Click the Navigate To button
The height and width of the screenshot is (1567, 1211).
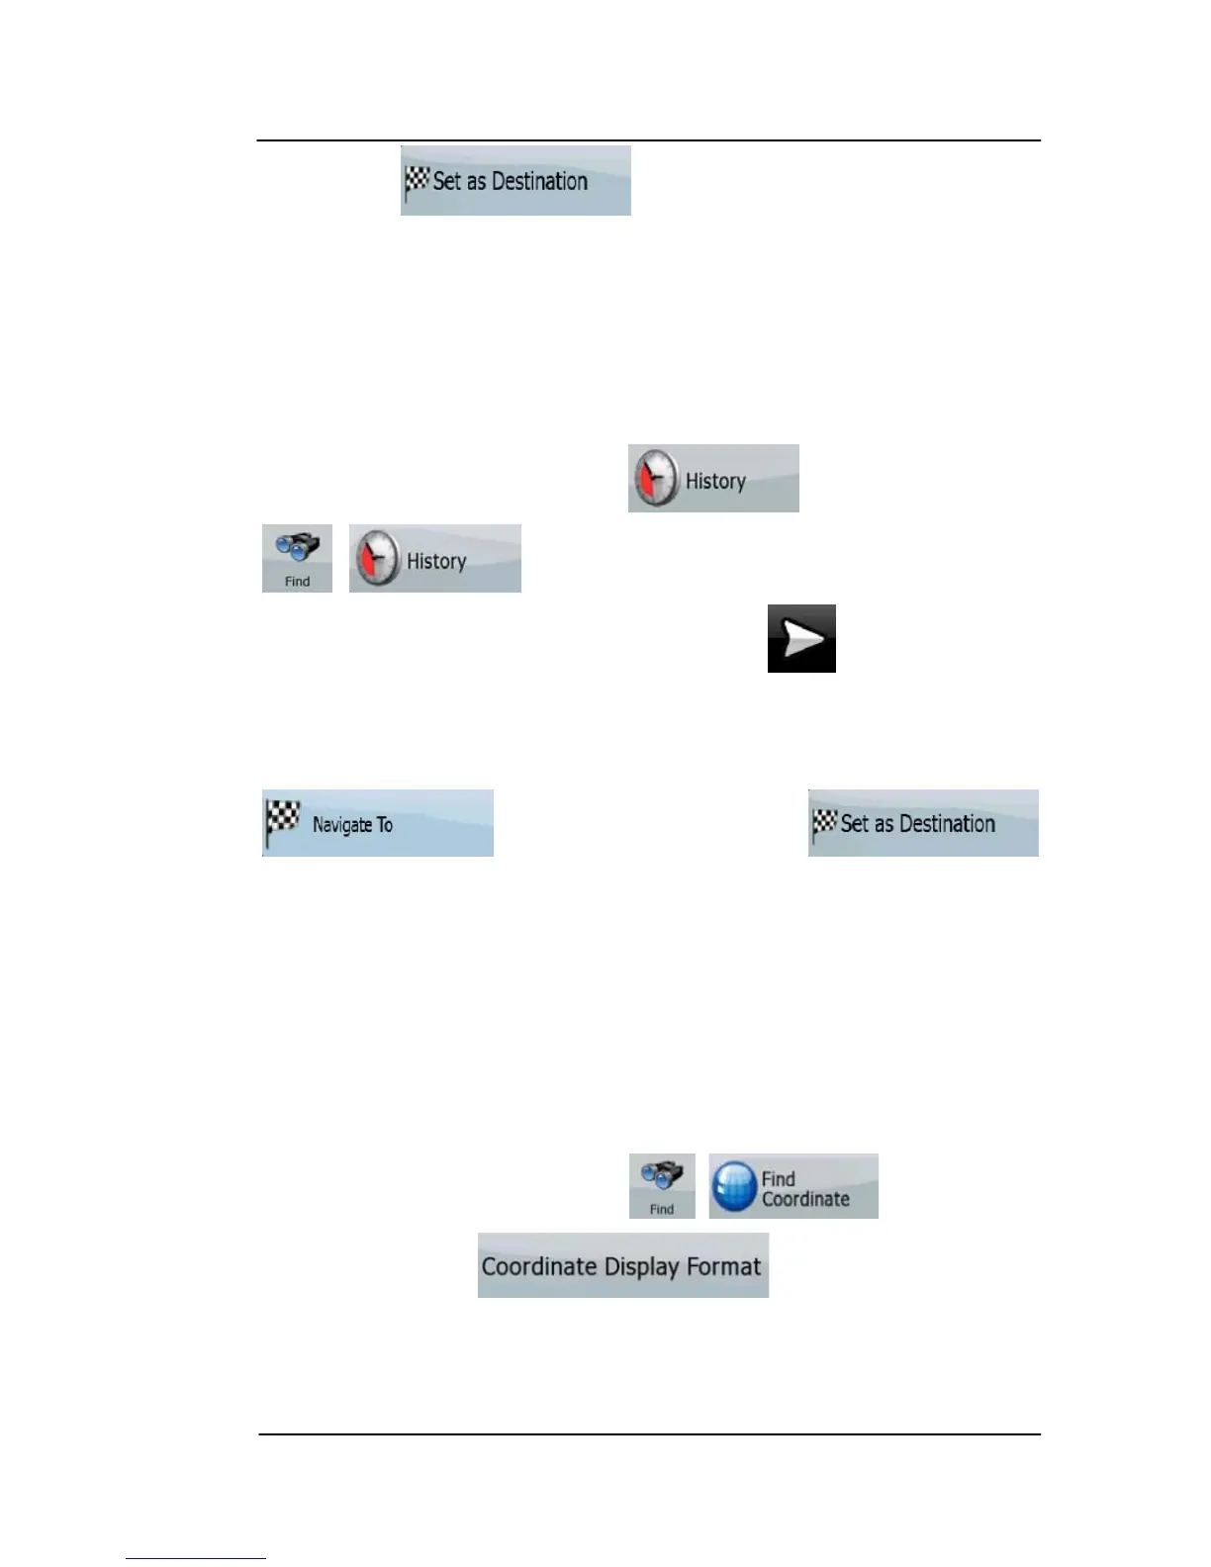(x=377, y=823)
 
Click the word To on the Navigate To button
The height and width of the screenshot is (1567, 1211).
(x=384, y=825)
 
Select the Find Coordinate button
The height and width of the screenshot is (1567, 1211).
(x=793, y=1186)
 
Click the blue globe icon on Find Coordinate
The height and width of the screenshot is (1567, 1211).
(x=735, y=1187)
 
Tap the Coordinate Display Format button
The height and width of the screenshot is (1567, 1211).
(x=622, y=1265)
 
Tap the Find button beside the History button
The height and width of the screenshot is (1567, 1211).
(x=297, y=559)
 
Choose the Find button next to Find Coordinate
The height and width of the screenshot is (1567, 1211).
(x=662, y=1186)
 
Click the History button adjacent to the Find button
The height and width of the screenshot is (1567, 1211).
(x=434, y=559)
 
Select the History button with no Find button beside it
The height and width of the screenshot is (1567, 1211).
(x=713, y=479)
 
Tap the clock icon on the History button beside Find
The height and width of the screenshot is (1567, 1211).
(x=377, y=560)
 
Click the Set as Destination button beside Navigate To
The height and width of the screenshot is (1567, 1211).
(x=923, y=823)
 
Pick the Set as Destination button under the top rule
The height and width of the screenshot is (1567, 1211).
(x=515, y=181)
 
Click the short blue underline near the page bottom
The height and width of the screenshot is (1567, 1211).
(x=196, y=1558)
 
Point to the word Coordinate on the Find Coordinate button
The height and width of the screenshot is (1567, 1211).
(x=805, y=1199)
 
